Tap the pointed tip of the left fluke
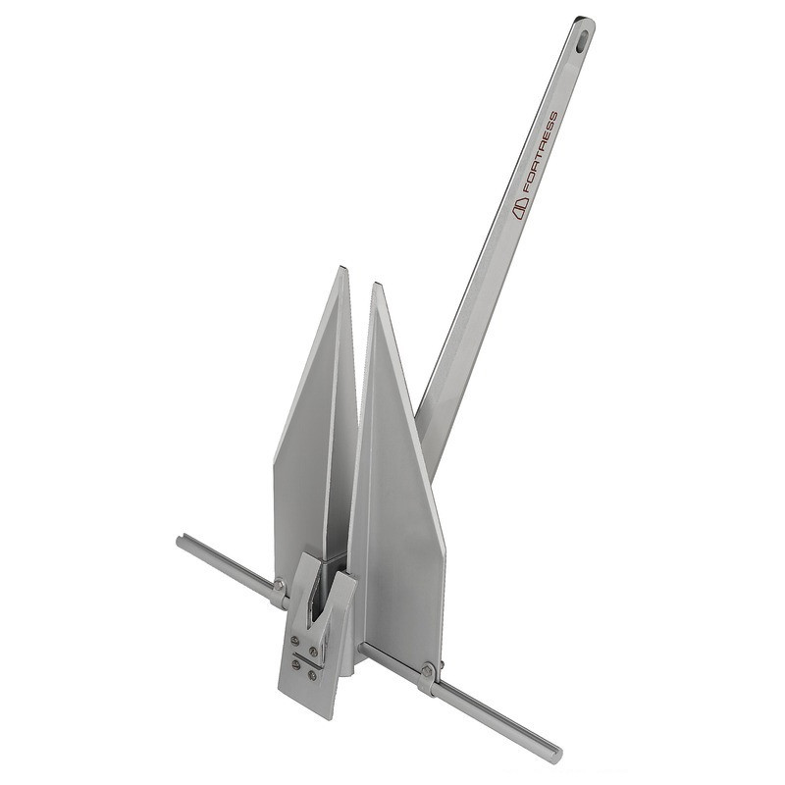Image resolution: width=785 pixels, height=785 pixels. (342, 268)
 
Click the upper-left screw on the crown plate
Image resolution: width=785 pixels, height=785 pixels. (295, 640)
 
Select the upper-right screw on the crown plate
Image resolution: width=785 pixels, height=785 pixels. (313, 651)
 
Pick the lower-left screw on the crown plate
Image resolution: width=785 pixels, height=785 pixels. (295, 664)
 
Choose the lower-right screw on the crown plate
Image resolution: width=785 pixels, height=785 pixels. (312, 675)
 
